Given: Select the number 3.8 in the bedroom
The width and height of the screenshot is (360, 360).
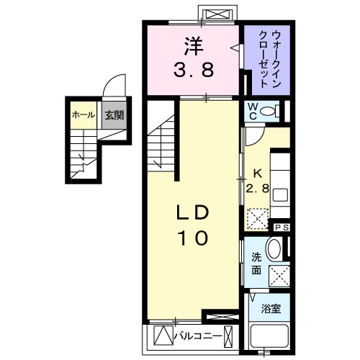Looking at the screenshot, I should pyautogui.click(x=192, y=71).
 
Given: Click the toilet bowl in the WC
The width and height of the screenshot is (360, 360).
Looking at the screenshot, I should pyautogui.click(x=269, y=112).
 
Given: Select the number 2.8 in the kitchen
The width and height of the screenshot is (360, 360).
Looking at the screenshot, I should pyautogui.click(x=258, y=189).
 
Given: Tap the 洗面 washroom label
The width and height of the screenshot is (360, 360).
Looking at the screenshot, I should pyautogui.click(x=256, y=264).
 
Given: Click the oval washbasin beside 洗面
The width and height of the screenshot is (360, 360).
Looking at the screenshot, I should pyautogui.click(x=274, y=251).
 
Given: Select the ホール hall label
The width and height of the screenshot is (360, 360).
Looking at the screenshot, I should pyautogui.click(x=84, y=114).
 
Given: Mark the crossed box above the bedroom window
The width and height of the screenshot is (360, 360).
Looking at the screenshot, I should pyautogui.click(x=217, y=14).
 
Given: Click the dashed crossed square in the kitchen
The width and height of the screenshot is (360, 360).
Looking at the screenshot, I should pyautogui.click(x=256, y=217).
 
